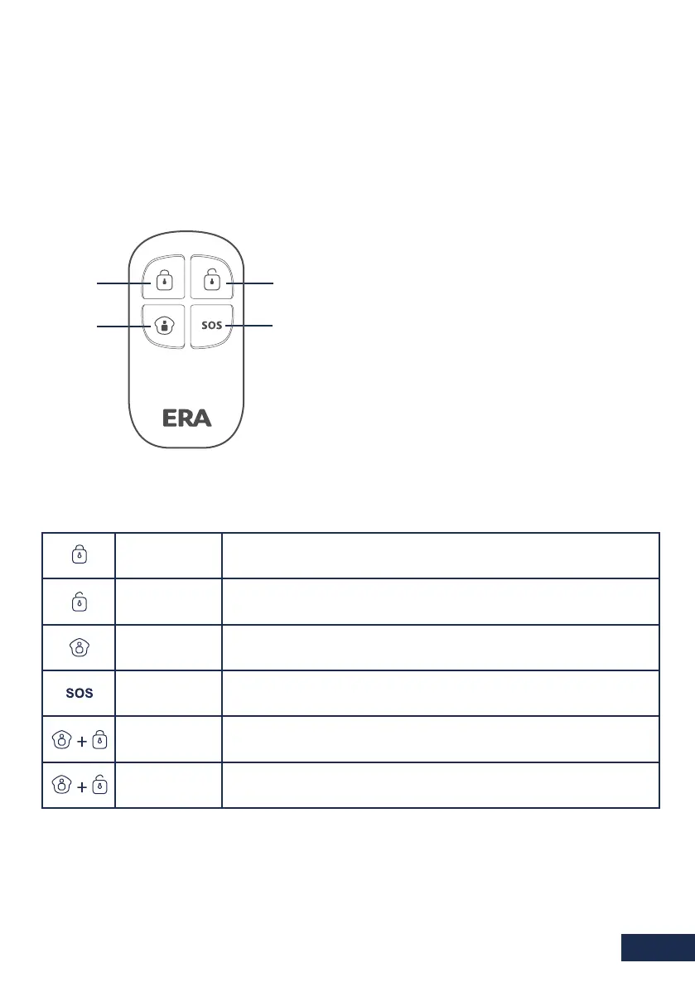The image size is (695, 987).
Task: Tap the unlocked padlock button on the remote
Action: click(x=212, y=280)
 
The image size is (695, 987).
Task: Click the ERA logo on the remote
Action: click(x=186, y=419)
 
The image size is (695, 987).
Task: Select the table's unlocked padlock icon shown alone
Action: click(x=79, y=602)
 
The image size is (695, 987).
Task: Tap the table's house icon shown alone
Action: click(x=79, y=647)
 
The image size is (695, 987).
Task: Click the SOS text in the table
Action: click(x=79, y=694)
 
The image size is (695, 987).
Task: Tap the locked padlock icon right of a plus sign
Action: click(x=99, y=739)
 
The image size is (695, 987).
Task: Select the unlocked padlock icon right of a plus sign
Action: click(x=99, y=785)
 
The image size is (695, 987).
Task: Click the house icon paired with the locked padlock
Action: click(x=59, y=739)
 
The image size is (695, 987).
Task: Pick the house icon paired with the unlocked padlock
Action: click(x=59, y=785)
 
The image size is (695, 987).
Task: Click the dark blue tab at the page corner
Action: click(x=657, y=947)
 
